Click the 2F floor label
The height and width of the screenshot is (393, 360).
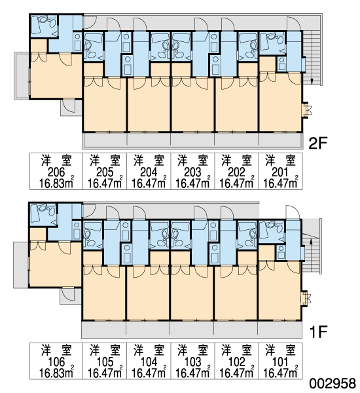(x=318, y=143)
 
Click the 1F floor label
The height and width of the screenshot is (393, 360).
(x=318, y=332)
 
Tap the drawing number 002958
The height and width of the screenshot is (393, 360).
(x=333, y=383)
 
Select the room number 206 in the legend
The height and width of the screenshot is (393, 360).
(x=56, y=172)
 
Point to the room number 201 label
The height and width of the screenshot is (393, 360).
(x=280, y=172)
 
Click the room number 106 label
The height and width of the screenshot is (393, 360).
(x=56, y=362)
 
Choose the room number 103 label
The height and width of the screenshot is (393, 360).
(x=192, y=362)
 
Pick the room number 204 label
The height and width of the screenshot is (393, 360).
(x=149, y=172)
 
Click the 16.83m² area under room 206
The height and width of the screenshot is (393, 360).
(x=56, y=183)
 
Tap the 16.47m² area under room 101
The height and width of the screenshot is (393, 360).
(x=280, y=373)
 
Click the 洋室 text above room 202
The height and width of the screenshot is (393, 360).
(x=236, y=160)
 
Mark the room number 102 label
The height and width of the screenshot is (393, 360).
(x=236, y=362)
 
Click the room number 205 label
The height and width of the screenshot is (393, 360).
(x=105, y=172)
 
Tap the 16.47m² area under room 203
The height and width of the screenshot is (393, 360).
(x=192, y=183)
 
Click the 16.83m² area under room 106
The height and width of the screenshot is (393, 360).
(x=56, y=373)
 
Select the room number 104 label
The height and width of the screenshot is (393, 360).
(x=149, y=362)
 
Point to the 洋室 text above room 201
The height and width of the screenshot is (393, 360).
(x=280, y=160)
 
